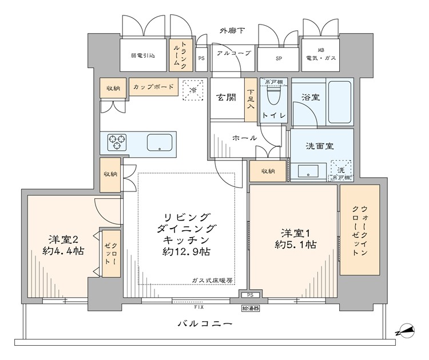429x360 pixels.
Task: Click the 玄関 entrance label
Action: (226, 97)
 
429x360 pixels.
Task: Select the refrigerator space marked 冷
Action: (193, 90)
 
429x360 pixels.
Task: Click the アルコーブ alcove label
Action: (233, 53)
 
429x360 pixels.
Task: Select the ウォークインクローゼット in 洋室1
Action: (360, 230)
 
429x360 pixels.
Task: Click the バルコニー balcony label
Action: (204, 324)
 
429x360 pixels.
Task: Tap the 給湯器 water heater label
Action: (250, 308)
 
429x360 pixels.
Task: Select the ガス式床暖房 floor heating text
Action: (212, 281)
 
